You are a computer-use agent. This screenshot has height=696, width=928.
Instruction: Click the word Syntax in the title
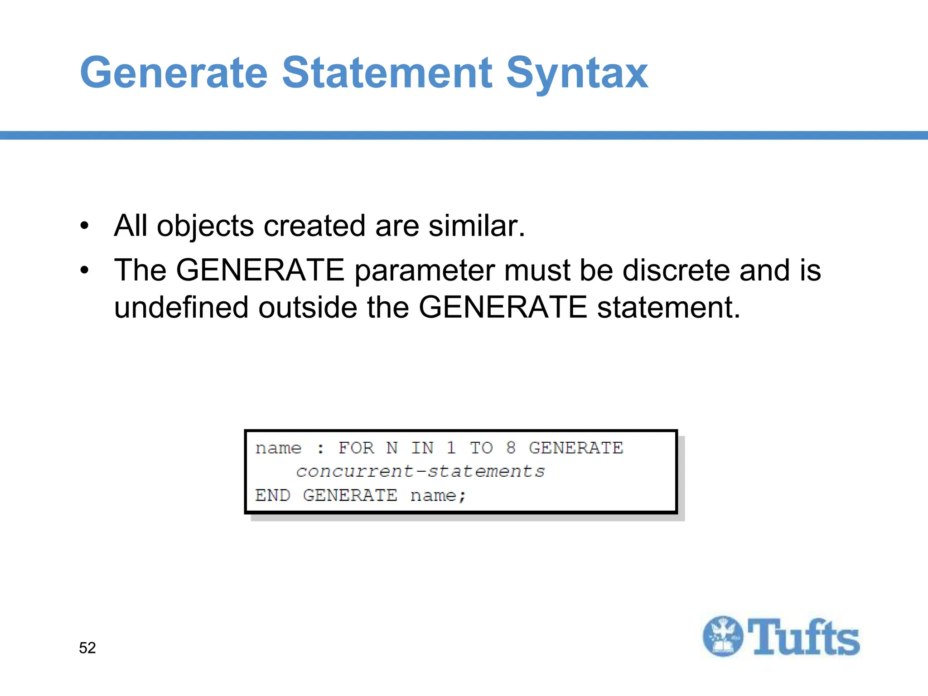pos(576,73)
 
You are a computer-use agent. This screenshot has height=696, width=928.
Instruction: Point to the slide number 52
pos(87,648)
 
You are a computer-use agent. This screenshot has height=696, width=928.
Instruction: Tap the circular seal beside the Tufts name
pos(723,636)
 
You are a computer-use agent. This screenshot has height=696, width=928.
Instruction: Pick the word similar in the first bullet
pos(477,226)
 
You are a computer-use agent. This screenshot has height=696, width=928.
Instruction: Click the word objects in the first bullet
pos(205,226)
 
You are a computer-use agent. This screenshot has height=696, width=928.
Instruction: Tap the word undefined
pos(181,307)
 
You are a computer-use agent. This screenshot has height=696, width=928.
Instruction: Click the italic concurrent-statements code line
pos(420,472)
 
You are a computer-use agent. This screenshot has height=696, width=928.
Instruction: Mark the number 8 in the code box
pos(511,448)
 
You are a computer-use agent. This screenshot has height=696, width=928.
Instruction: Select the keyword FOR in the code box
pos(356,448)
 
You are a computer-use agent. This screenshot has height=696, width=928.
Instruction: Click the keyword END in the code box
pos(272,495)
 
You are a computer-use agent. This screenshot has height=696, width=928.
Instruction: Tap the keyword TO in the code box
pos(481,448)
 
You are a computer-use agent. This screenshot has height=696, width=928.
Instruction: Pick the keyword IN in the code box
pos(422,448)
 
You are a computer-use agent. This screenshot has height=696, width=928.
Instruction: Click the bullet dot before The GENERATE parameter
pos(84,271)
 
